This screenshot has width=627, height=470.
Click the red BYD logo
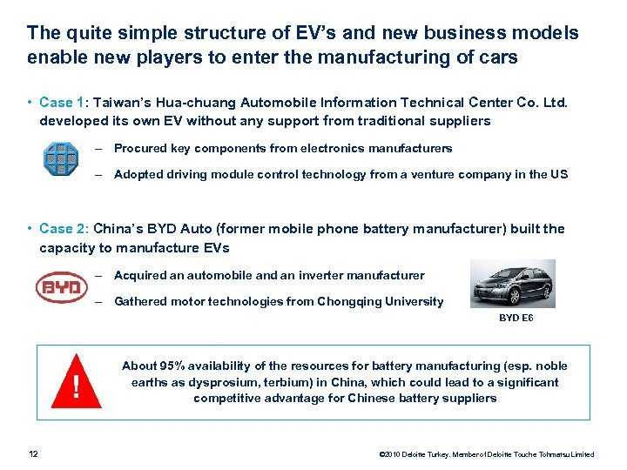[62, 287]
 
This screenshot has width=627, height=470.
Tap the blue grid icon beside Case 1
[61, 160]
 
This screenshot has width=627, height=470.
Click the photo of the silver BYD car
[513, 284]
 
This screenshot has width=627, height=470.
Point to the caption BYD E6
[516, 319]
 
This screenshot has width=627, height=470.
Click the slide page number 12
[33, 453]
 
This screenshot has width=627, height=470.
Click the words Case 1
[57, 103]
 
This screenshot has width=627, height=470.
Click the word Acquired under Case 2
[139, 276]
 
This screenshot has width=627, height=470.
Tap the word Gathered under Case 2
[140, 302]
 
